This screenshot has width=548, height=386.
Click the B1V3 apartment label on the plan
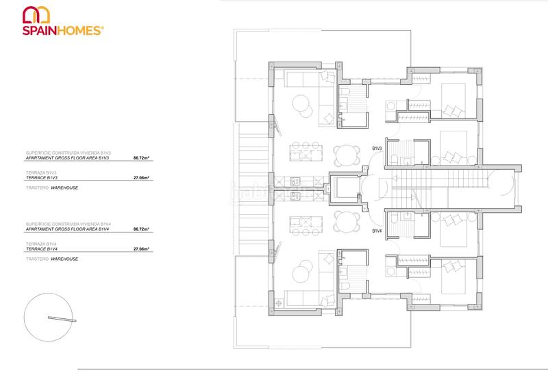(x=377, y=149)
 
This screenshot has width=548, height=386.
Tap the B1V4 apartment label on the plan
(x=377, y=232)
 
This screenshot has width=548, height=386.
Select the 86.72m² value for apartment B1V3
(x=142, y=157)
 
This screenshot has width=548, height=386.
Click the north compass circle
(x=47, y=317)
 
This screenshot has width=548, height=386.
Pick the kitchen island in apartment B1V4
(x=302, y=221)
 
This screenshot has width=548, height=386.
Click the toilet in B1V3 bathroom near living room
(x=347, y=94)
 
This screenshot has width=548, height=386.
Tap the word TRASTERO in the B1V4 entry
(x=36, y=259)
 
